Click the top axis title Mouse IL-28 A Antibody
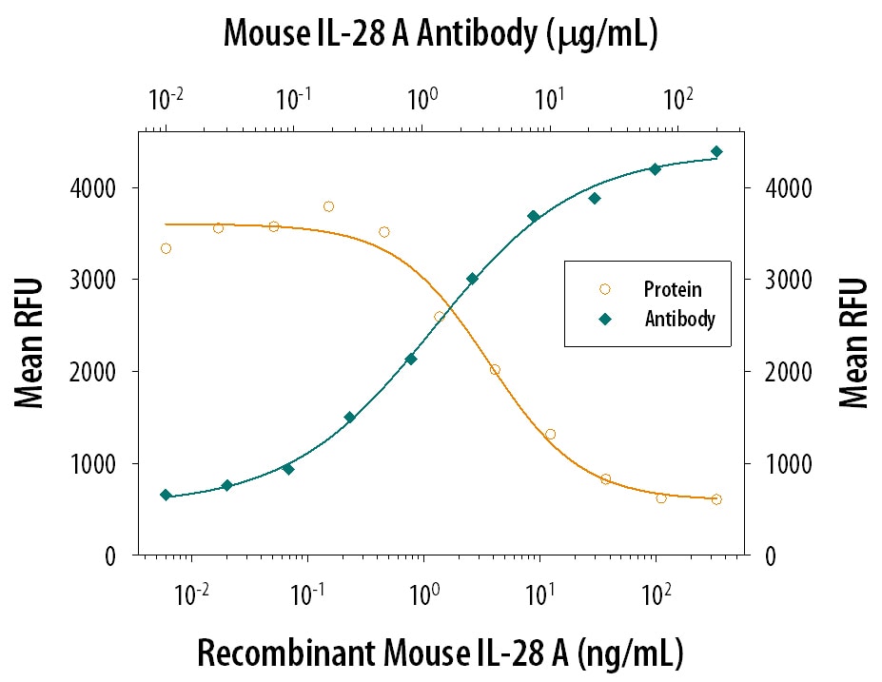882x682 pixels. (441, 35)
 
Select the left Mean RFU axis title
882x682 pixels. (31, 343)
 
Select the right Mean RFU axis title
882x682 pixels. (853, 343)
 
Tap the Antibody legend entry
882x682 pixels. (679, 320)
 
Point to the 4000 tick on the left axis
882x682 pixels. (106, 188)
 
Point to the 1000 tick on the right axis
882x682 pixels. (783, 464)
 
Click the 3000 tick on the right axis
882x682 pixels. (783, 280)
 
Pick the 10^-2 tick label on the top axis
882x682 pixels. (166, 99)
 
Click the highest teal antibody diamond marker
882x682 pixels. (716, 151)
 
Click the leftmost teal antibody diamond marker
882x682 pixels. (166, 495)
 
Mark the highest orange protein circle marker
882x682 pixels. (328, 206)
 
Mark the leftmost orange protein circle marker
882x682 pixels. (166, 248)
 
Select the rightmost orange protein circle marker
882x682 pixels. (716, 499)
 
